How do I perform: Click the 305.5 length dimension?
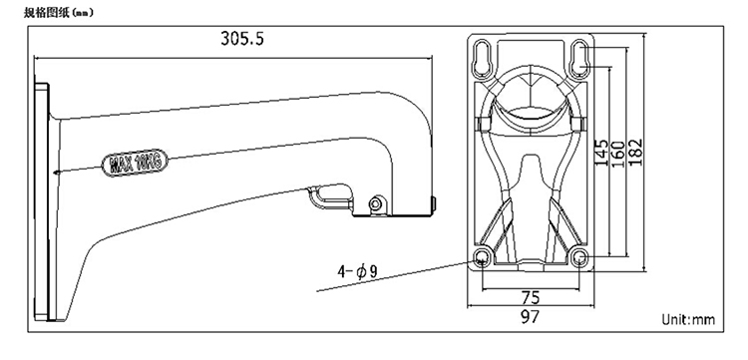(242, 38)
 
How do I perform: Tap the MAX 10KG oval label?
(136, 164)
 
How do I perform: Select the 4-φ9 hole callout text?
(357, 271)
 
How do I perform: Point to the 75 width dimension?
(530, 297)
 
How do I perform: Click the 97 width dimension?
(530, 316)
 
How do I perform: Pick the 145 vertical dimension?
(601, 153)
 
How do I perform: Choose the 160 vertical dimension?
(617, 153)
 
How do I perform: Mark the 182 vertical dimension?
(635, 153)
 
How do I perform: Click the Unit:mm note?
(688, 319)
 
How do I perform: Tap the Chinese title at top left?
(59, 13)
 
